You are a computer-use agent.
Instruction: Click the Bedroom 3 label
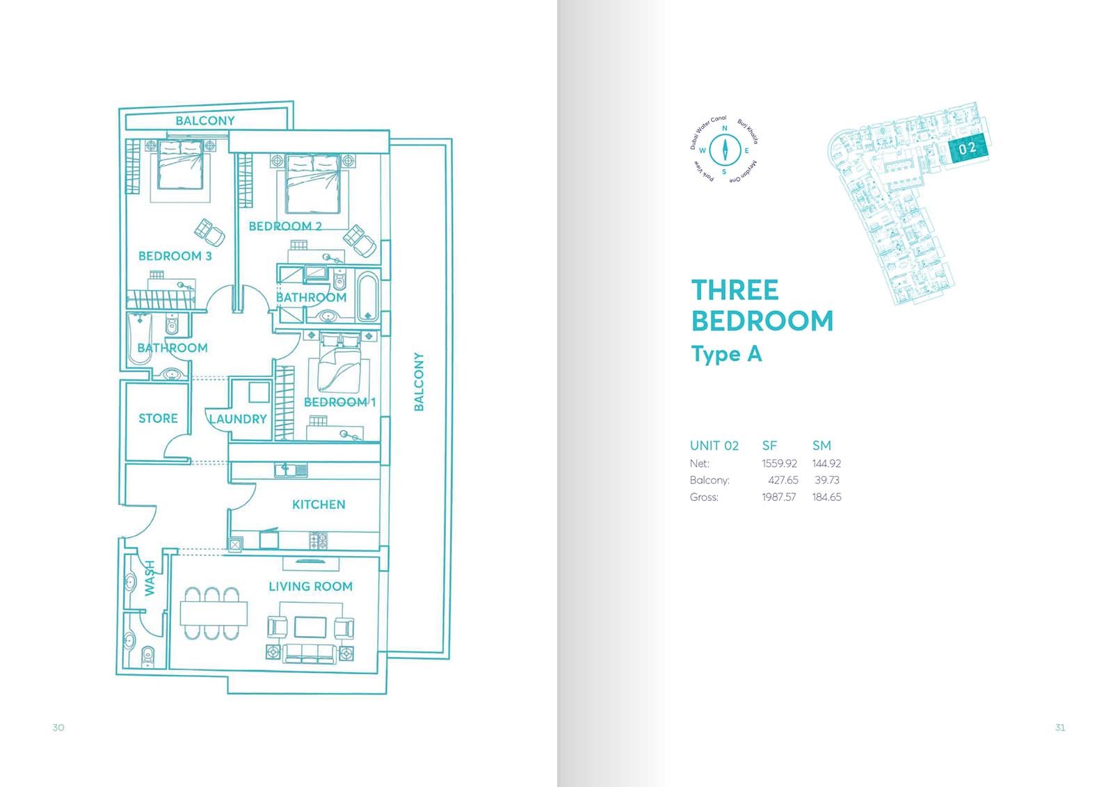click(175, 256)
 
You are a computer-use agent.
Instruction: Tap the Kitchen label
click(319, 504)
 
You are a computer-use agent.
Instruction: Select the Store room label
click(158, 419)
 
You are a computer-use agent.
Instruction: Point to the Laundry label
click(238, 419)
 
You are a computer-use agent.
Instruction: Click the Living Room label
click(310, 587)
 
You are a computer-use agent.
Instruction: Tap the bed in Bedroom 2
click(313, 184)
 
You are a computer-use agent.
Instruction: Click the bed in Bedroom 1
click(340, 363)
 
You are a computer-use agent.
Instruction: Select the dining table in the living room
click(214, 614)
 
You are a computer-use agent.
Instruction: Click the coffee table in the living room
click(310, 627)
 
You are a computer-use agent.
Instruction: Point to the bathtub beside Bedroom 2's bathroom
click(368, 297)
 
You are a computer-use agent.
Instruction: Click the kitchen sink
click(291, 470)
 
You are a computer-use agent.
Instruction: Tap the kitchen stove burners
click(319, 541)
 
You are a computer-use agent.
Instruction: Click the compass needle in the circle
click(725, 150)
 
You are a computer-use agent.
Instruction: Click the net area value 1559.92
click(779, 464)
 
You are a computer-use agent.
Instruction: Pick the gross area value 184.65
click(827, 497)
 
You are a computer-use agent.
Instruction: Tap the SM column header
click(822, 445)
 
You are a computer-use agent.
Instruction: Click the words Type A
click(726, 355)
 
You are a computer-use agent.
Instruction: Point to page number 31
click(1060, 728)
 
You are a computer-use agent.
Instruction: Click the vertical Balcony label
click(419, 382)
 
